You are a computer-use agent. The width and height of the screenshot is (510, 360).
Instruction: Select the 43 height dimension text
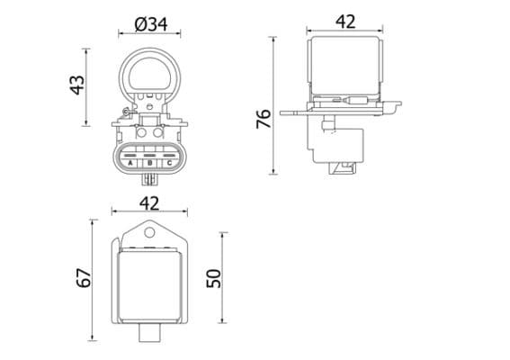coord(78,84)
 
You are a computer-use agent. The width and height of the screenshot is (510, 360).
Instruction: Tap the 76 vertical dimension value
coord(264,119)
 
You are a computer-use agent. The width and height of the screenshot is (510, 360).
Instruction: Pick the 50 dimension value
coord(213,277)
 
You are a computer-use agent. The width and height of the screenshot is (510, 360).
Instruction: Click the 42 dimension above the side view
coord(345,22)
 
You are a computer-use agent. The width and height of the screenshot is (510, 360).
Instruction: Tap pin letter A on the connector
coord(130,163)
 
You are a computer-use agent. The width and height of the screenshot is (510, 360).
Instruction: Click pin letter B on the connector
coord(149,163)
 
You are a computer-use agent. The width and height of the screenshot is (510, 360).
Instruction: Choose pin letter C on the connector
coord(168,163)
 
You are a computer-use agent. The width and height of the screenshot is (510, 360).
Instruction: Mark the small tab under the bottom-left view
coord(149,334)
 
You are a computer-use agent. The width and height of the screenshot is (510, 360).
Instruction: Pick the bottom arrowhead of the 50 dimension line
coord(224,322)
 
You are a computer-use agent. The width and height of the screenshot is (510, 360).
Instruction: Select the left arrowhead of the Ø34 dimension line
coord(121,35)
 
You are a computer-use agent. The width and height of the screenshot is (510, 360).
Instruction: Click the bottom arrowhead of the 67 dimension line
coord(94,339)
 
